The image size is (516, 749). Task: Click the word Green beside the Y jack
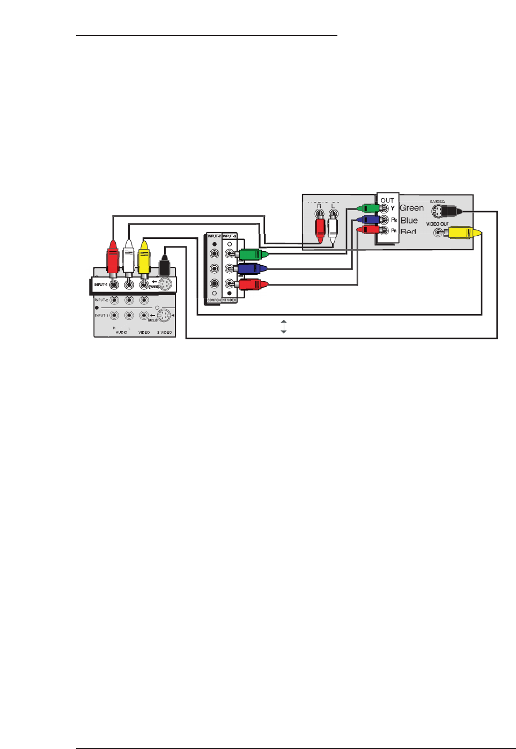click(411, 208)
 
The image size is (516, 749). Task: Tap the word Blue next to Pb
click(409, 220)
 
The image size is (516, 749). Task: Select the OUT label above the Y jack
click(387, 200)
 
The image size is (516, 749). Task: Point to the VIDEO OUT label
click(437, 224)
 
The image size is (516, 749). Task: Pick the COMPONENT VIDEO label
click(222, 301)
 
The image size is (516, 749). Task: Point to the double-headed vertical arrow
click(284, 326)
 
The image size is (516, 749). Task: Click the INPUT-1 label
click(101, 316)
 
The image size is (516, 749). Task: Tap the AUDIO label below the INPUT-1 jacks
click(122, 333)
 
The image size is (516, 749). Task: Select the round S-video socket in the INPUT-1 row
click(164, 316)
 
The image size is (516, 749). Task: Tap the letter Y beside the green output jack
click(393, 208)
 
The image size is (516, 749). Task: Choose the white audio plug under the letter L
click(333, 227)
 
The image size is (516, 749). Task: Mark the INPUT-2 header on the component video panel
click(214, 236)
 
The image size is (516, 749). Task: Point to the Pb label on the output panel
click(394, 220)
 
